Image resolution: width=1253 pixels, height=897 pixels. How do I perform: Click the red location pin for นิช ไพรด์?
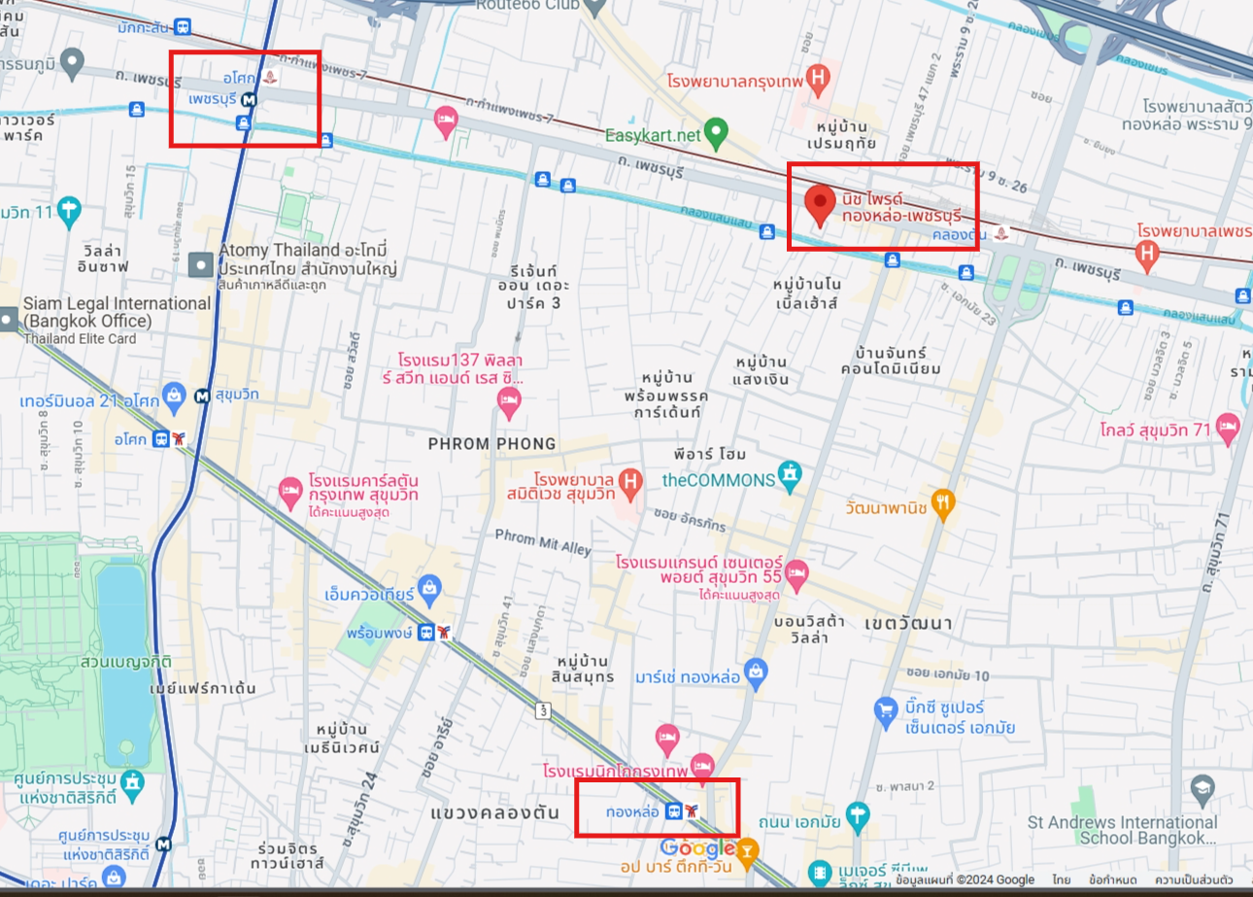pyautogui.click(x=821, y=202)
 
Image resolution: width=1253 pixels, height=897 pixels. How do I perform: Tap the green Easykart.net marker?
pyautogui.click(x=716, y=130)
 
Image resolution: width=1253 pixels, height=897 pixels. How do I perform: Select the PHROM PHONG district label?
pyautogui.click(x=493, y=444)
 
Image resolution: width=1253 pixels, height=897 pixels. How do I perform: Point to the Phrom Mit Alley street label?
pyautogui.click(x=543, y=542)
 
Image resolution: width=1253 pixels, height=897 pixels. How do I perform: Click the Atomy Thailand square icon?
pyautogui.click(x=201, y=263)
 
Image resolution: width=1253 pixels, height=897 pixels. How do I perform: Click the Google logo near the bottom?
pyautogui.click(x=700, y=847)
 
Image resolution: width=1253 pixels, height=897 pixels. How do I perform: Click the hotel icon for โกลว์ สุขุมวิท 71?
pyautogui.click(x=1228, y=427)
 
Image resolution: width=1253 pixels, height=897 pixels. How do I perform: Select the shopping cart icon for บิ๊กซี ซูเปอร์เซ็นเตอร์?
pyautogui.click(x=885, y=710)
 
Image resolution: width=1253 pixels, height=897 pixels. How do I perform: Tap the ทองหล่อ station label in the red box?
pyautogui.click(x=632, y=811)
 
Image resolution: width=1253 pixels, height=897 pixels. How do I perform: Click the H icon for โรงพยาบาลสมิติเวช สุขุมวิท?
pyautogui.click(x=631, y=480)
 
